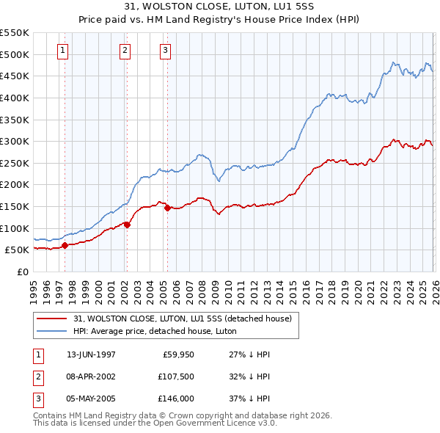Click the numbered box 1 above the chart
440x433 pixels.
tap(63, 51)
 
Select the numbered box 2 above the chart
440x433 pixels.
tap(125, 51)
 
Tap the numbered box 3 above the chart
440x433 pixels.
tap(165, 51)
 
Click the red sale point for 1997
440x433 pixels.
tap(65, 246)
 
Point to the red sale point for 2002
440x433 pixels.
tap(127, 225)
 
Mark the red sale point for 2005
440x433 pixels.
tap(167, 208)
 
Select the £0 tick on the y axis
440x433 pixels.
tap(23, 272)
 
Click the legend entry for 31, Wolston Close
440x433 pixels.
tap(183, 319)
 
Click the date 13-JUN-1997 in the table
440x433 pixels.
tap(91, 354)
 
